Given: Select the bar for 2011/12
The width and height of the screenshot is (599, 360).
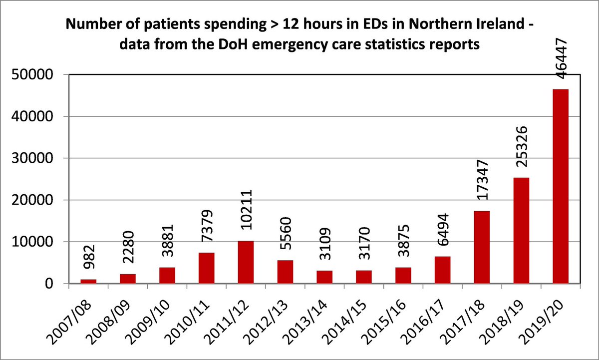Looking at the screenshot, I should tap(245, 262).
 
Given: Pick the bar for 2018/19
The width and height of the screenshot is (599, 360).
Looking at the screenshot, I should tap(521, 230).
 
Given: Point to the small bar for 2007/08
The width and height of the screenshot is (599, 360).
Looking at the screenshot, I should tap(88, 281).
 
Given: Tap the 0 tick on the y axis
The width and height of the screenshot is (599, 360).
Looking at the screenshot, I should tap(54, 284).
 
